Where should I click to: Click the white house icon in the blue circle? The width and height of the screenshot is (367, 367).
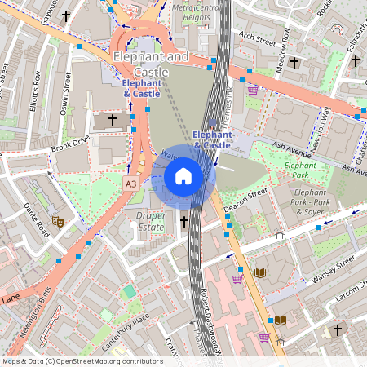[x=183, y=176]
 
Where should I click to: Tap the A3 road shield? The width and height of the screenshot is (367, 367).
[x=130, y=185]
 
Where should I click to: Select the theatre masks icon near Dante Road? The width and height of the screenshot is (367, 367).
[x=57, y=220]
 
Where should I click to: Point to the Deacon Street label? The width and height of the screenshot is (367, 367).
[x=246, y=201]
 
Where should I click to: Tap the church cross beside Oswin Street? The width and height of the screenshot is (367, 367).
[x=112, y=120]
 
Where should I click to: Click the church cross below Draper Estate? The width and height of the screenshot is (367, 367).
[x=184, y=221]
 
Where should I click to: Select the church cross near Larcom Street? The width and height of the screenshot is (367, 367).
[x=337, y=330]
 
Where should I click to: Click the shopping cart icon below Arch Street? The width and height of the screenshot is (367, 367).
[x=253, y=90]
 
